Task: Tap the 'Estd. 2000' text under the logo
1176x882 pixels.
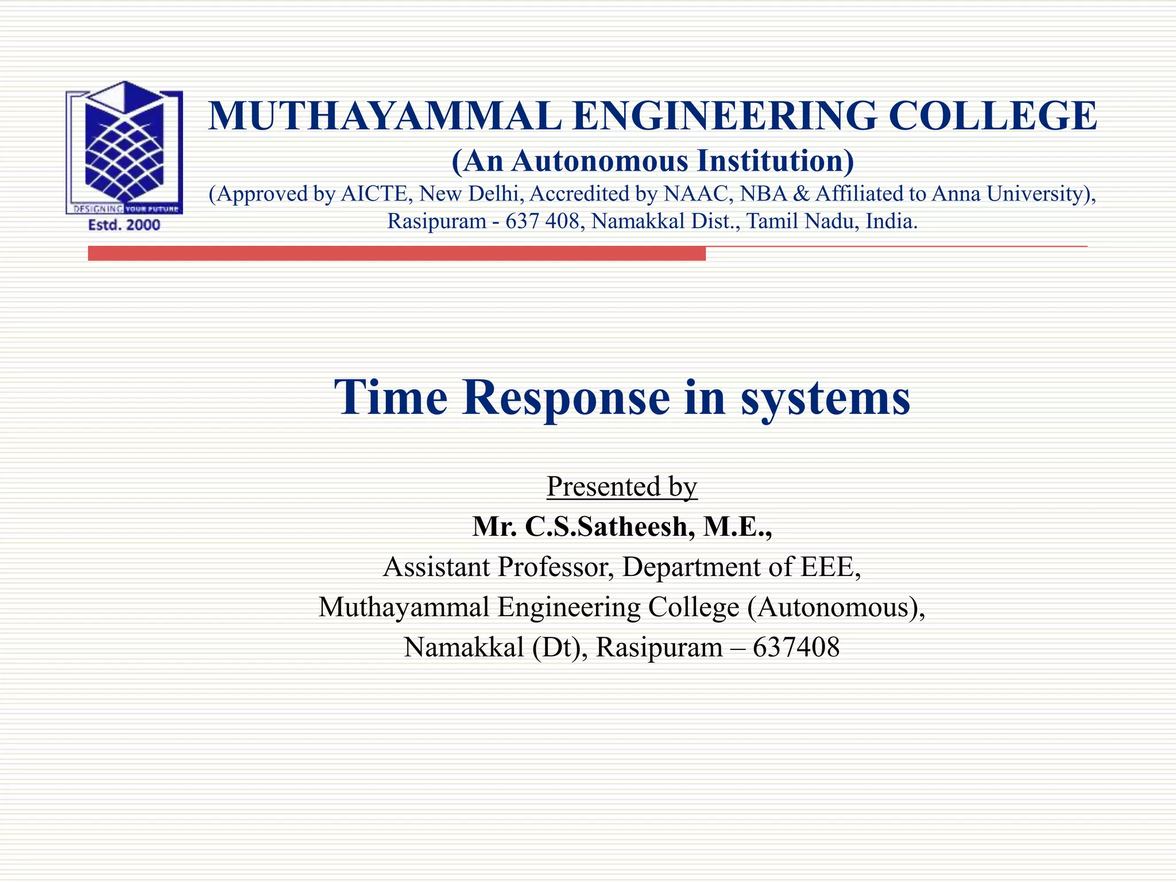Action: [124, 225]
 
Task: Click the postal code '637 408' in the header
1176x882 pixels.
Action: [542, 221]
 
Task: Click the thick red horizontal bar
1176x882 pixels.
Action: [396, 253]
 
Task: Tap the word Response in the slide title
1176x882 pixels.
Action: [566, 397]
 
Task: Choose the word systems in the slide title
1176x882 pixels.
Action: [825, 397]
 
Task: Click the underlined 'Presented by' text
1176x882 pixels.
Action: [622, 486]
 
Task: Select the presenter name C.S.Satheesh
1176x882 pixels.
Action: [606, 527]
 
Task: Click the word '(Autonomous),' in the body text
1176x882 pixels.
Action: [836, 607]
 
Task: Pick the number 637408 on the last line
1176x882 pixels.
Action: [796, 647]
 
